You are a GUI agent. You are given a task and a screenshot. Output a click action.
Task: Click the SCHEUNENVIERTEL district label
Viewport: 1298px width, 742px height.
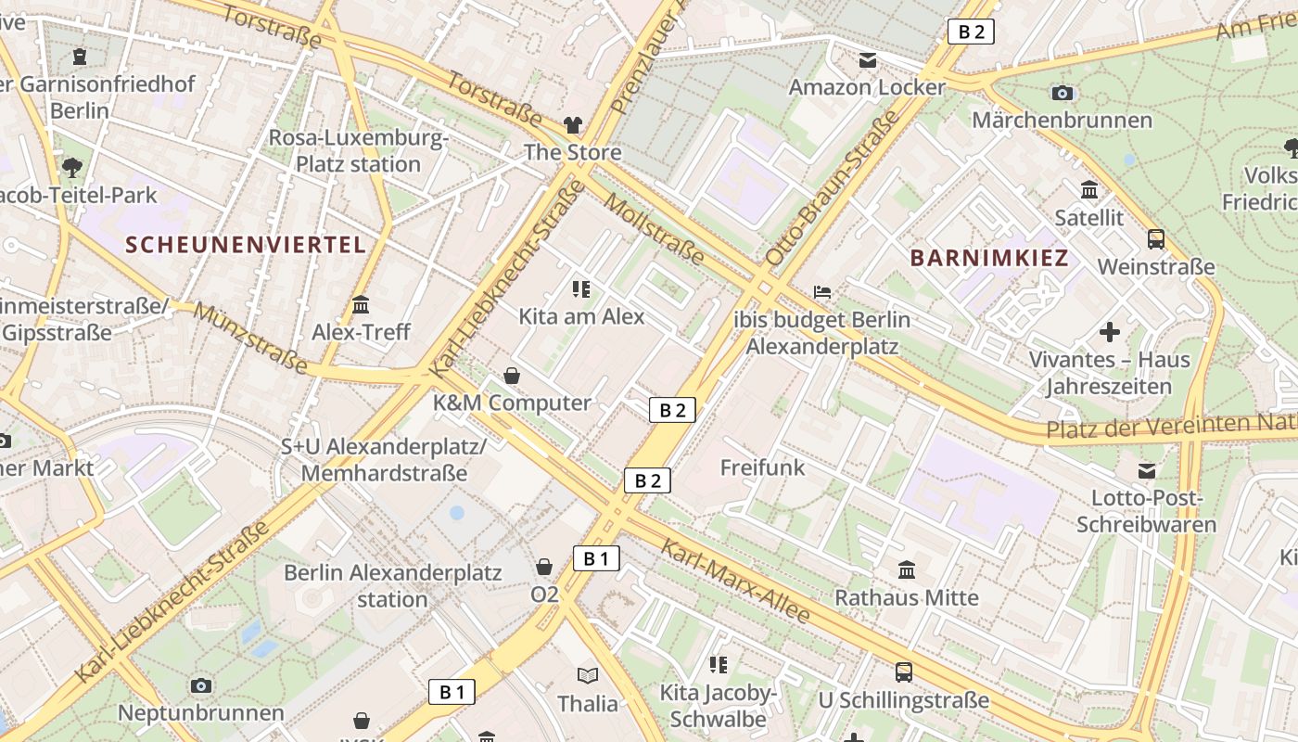click(x=246, y=245)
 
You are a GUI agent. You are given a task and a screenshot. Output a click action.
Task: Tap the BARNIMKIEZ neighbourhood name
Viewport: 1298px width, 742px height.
click(x=990, y=258)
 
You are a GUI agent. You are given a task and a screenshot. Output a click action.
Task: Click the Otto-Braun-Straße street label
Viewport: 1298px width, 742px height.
click(x=833, y=188)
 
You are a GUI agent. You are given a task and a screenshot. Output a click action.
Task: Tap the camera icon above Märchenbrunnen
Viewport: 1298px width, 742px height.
click(x=1063, y=93)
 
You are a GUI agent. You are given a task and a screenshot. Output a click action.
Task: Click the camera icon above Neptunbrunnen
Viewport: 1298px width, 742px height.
click(x=200, y=686)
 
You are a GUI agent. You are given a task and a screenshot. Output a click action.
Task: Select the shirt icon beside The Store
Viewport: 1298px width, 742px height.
click(x=573, y=125)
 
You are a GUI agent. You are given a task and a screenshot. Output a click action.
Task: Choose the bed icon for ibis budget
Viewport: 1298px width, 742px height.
click(x=822, y=292)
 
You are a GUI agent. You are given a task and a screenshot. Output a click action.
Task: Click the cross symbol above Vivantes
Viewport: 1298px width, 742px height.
click(x=1109, y=332)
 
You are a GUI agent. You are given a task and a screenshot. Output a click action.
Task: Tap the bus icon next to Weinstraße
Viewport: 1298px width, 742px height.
click(x=1156, y=239)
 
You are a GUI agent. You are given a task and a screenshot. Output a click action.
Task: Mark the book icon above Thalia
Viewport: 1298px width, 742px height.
click(x=587, y=675)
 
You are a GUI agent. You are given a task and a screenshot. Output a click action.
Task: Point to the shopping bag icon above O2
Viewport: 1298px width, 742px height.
click(x=544, y=567)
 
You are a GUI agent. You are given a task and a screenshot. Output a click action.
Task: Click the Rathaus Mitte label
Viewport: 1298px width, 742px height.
click(x=907, y=597)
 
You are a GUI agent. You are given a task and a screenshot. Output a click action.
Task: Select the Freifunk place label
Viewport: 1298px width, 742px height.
click(x=763, y=467)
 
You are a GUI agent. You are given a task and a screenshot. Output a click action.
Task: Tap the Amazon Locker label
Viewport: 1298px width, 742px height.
click(x=867, y=87)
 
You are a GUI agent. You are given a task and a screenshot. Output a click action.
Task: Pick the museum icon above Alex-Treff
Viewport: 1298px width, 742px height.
click(x=361, y=304)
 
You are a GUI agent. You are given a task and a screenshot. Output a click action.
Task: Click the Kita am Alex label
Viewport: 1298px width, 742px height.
click(x=581, y=316)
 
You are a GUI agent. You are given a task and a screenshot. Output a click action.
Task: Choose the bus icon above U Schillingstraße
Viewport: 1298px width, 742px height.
click(x=903, y=672)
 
